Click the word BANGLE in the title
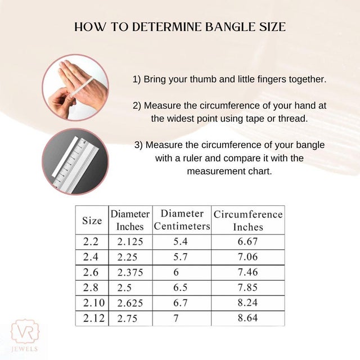pyautogui.click(x=230, y=27)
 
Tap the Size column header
pyautogui.click(x=92, y=220)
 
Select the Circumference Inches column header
pyautogui.click(x=248, y=220)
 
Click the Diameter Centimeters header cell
pyautogui.click(x=182, y=220)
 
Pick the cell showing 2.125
pyautogui.click(x=130, y=242)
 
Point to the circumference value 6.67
pyautogui.click(x=247, y=241)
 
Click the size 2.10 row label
pyautogui.click(x=94, y=303)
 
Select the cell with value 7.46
pyautogui.click(x=247, y=272)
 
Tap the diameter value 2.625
pyautogui.click(x=130, y=303)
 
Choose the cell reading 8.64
pyautogui.click(x=247, y=318)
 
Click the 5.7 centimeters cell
pyautogui.click(x=181, y=257)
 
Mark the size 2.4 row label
pyautogui.click(x=91, y=257)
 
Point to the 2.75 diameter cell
pyautogui.click(x=128, y=318)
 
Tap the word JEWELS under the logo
pyautogui.click(x=25, y=349)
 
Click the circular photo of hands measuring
pyautogui.click(x=75, y=88)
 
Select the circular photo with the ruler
pyautogui.click(x=75, y=161)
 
